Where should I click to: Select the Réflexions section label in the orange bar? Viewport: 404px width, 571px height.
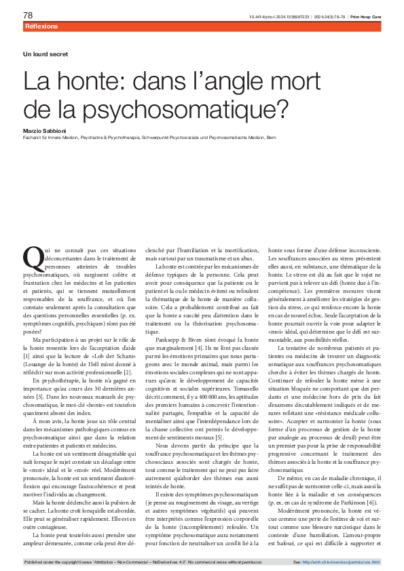click(41, 26)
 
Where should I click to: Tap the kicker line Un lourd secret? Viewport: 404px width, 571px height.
click(45, 54)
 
